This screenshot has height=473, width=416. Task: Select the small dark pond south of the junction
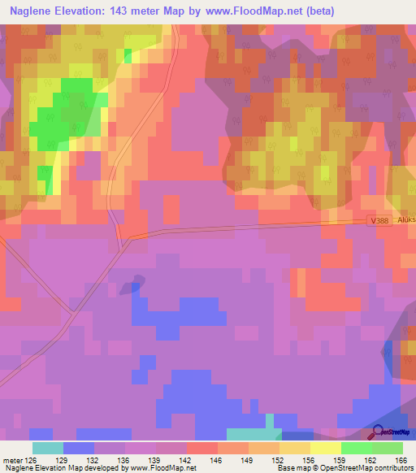tap(130, 286)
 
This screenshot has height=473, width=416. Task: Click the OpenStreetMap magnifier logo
tap(379, 432)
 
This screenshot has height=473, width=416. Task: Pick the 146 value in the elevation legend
tap(217, 460)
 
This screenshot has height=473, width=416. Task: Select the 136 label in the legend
tap(125, 460)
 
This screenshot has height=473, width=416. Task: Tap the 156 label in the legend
tap(310, 460)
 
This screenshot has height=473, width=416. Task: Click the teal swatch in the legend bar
tap(47, 448)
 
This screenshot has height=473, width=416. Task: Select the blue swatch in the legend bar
tap(79, 448)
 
